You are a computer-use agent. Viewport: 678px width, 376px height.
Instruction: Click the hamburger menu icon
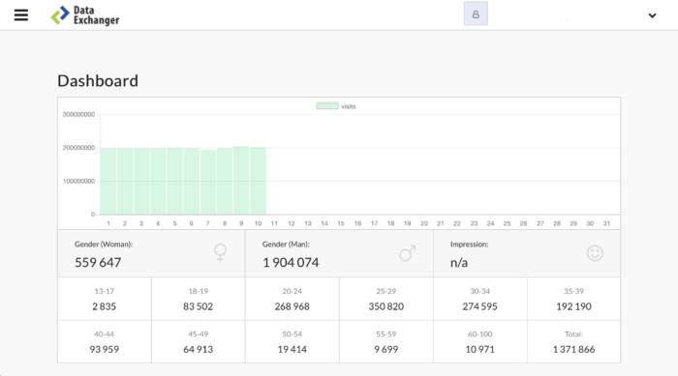pyautogui.click(x=21, y=15)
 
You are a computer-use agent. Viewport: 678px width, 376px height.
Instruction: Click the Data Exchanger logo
pyautogui.click(x=86, y=15)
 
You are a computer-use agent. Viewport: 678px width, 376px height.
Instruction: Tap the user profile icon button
pyautogui.click(x=476, y=14)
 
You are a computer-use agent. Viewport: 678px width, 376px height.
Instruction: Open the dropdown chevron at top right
pyautogui.click(x=652, y=15)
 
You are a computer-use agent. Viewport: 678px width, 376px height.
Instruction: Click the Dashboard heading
pyautogui.click(x=98, y=81)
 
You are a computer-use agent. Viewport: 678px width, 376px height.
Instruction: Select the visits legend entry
pyautogui.click(x=337, y=105)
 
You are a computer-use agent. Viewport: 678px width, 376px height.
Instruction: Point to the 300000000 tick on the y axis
pyautogui.click(x=78, y=114)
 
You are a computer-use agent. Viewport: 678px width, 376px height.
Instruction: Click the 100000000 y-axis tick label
pyautogui.click(x=78, y=181)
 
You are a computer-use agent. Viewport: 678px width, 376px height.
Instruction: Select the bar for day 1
pyautogui.click(x=108, y=181)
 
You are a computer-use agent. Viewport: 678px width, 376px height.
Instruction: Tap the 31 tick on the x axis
pyautogui.click(x=606, y=223)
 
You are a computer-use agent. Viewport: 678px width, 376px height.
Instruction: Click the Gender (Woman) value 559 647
pyautogui.click(x=98, y=262)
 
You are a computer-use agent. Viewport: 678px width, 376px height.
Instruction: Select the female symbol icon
pyautogui.click(x=221, y=253)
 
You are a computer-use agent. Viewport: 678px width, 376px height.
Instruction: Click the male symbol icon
pyautogui.click(x=408, y=253)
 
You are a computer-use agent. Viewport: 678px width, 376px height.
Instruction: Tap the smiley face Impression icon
pyautogui.click(x=595, y=253)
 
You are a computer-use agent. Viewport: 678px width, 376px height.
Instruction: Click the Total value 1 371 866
pyautogui.click(x=573, y=349)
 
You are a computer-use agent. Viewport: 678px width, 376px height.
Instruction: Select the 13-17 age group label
pyautogui.click(x=105, y=290)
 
